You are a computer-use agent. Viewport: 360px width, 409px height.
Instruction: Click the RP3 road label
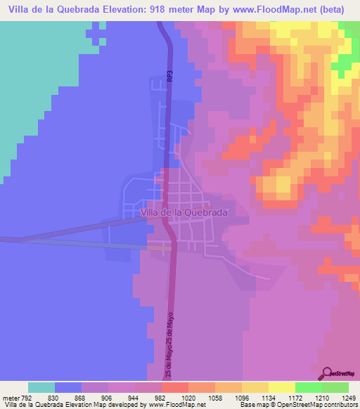click(x=170, y=76)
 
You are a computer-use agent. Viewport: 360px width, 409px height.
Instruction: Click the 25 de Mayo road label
click(x=170, y=344)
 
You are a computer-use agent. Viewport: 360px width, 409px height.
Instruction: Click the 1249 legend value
click(x=349, y=397)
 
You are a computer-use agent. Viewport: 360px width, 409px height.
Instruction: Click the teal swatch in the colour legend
click(x=41, y=387)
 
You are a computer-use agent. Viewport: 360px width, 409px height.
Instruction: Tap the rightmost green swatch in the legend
click(x=335, y=387)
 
